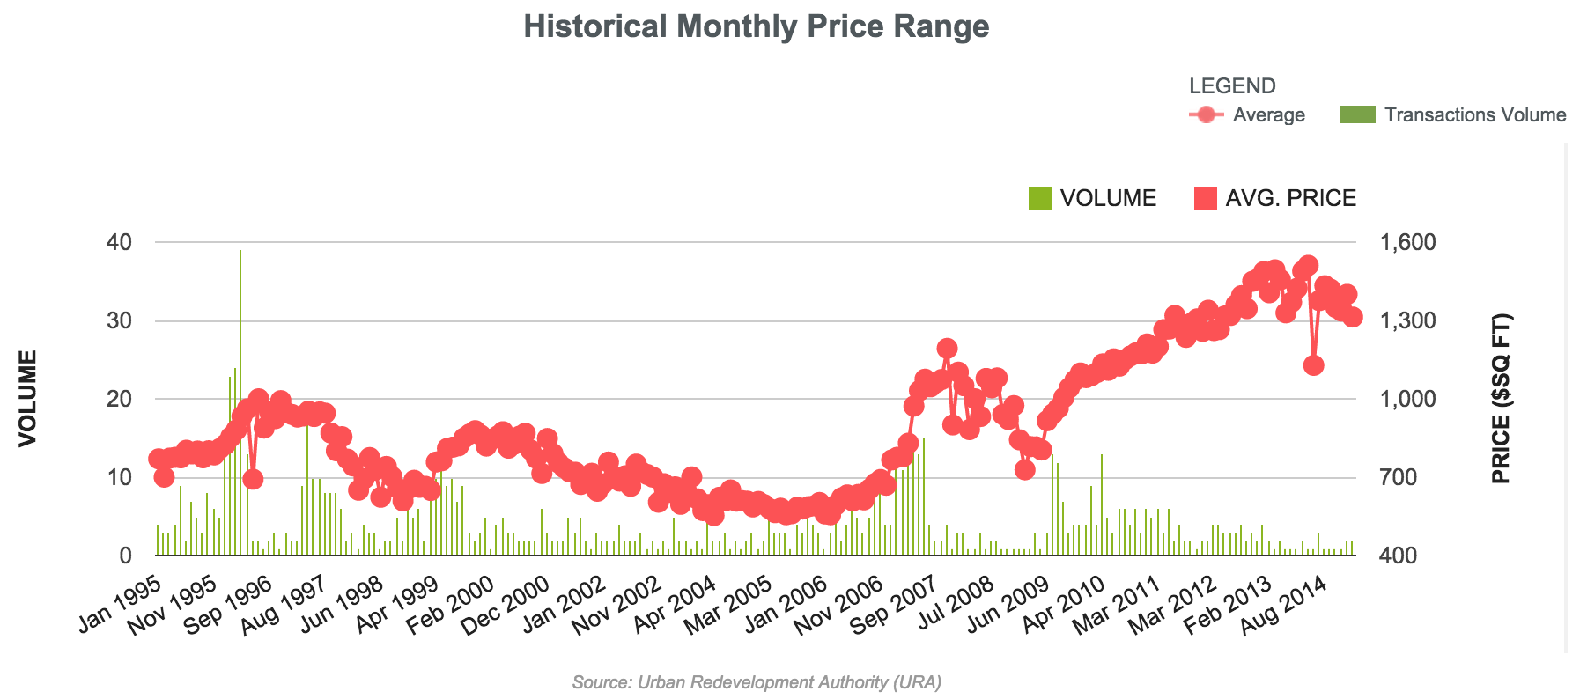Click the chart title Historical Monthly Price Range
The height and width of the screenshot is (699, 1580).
coord(756,26)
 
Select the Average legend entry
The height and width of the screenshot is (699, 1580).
coord(1247,114)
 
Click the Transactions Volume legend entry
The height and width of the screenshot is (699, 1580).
coord(1454,114)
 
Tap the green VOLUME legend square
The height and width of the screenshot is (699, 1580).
coord(1040,198)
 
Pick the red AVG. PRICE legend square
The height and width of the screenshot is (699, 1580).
coord(1205,198)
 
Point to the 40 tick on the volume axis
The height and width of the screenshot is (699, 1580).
coord(120,242)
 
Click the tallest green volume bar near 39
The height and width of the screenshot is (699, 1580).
coord(240,396)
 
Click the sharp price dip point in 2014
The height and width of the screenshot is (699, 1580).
coord(1313,365)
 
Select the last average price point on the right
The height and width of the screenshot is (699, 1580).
coord(1353,318)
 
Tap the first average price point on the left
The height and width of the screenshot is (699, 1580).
coord(158,459)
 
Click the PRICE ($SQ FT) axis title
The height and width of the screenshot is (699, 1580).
coord(1501,399)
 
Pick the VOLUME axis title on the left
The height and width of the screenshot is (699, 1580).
coord(28,399)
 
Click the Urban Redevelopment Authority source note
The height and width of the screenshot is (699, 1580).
coord(756,681)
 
